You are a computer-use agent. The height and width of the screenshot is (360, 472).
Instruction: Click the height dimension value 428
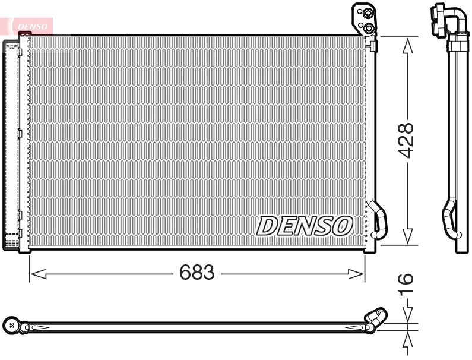point(406,140)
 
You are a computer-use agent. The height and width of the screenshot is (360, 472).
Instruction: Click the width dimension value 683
point(197,273)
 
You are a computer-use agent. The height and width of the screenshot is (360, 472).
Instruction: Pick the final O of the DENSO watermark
point(343,225)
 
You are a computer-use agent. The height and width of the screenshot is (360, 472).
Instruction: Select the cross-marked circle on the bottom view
point(11,325)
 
